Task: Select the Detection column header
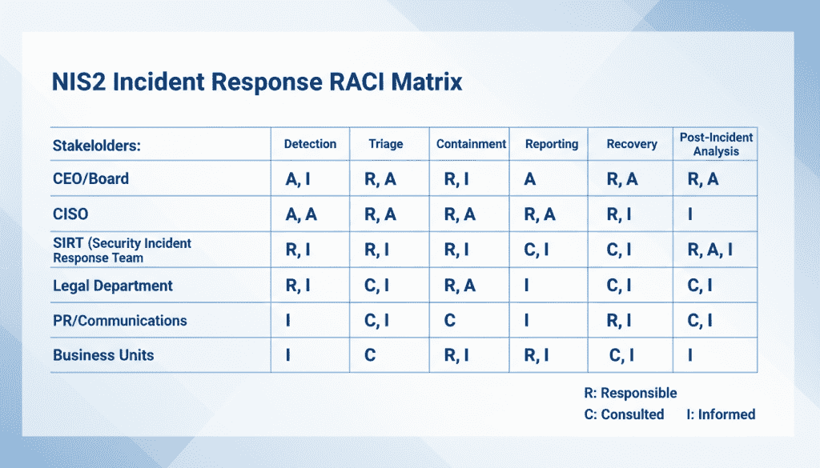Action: [310, 144]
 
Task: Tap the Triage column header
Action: [386, 145]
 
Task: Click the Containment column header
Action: [471, 144]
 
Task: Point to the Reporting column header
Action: [551, 144]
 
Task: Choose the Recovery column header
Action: [632, 144]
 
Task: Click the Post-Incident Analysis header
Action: [716, 144]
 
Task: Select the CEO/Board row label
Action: [90, 178]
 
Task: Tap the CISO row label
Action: [71, 214]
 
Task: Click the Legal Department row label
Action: [112, 286]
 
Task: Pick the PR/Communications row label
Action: [119, 321]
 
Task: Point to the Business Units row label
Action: [103, 355]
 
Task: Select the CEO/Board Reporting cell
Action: [530, 179]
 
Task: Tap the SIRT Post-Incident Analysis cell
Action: [709, 250]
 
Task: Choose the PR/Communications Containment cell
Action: [449, 321]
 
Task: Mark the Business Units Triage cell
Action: [370, 355]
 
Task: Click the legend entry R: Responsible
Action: [631, 393]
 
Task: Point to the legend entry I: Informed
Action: [721, 414]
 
